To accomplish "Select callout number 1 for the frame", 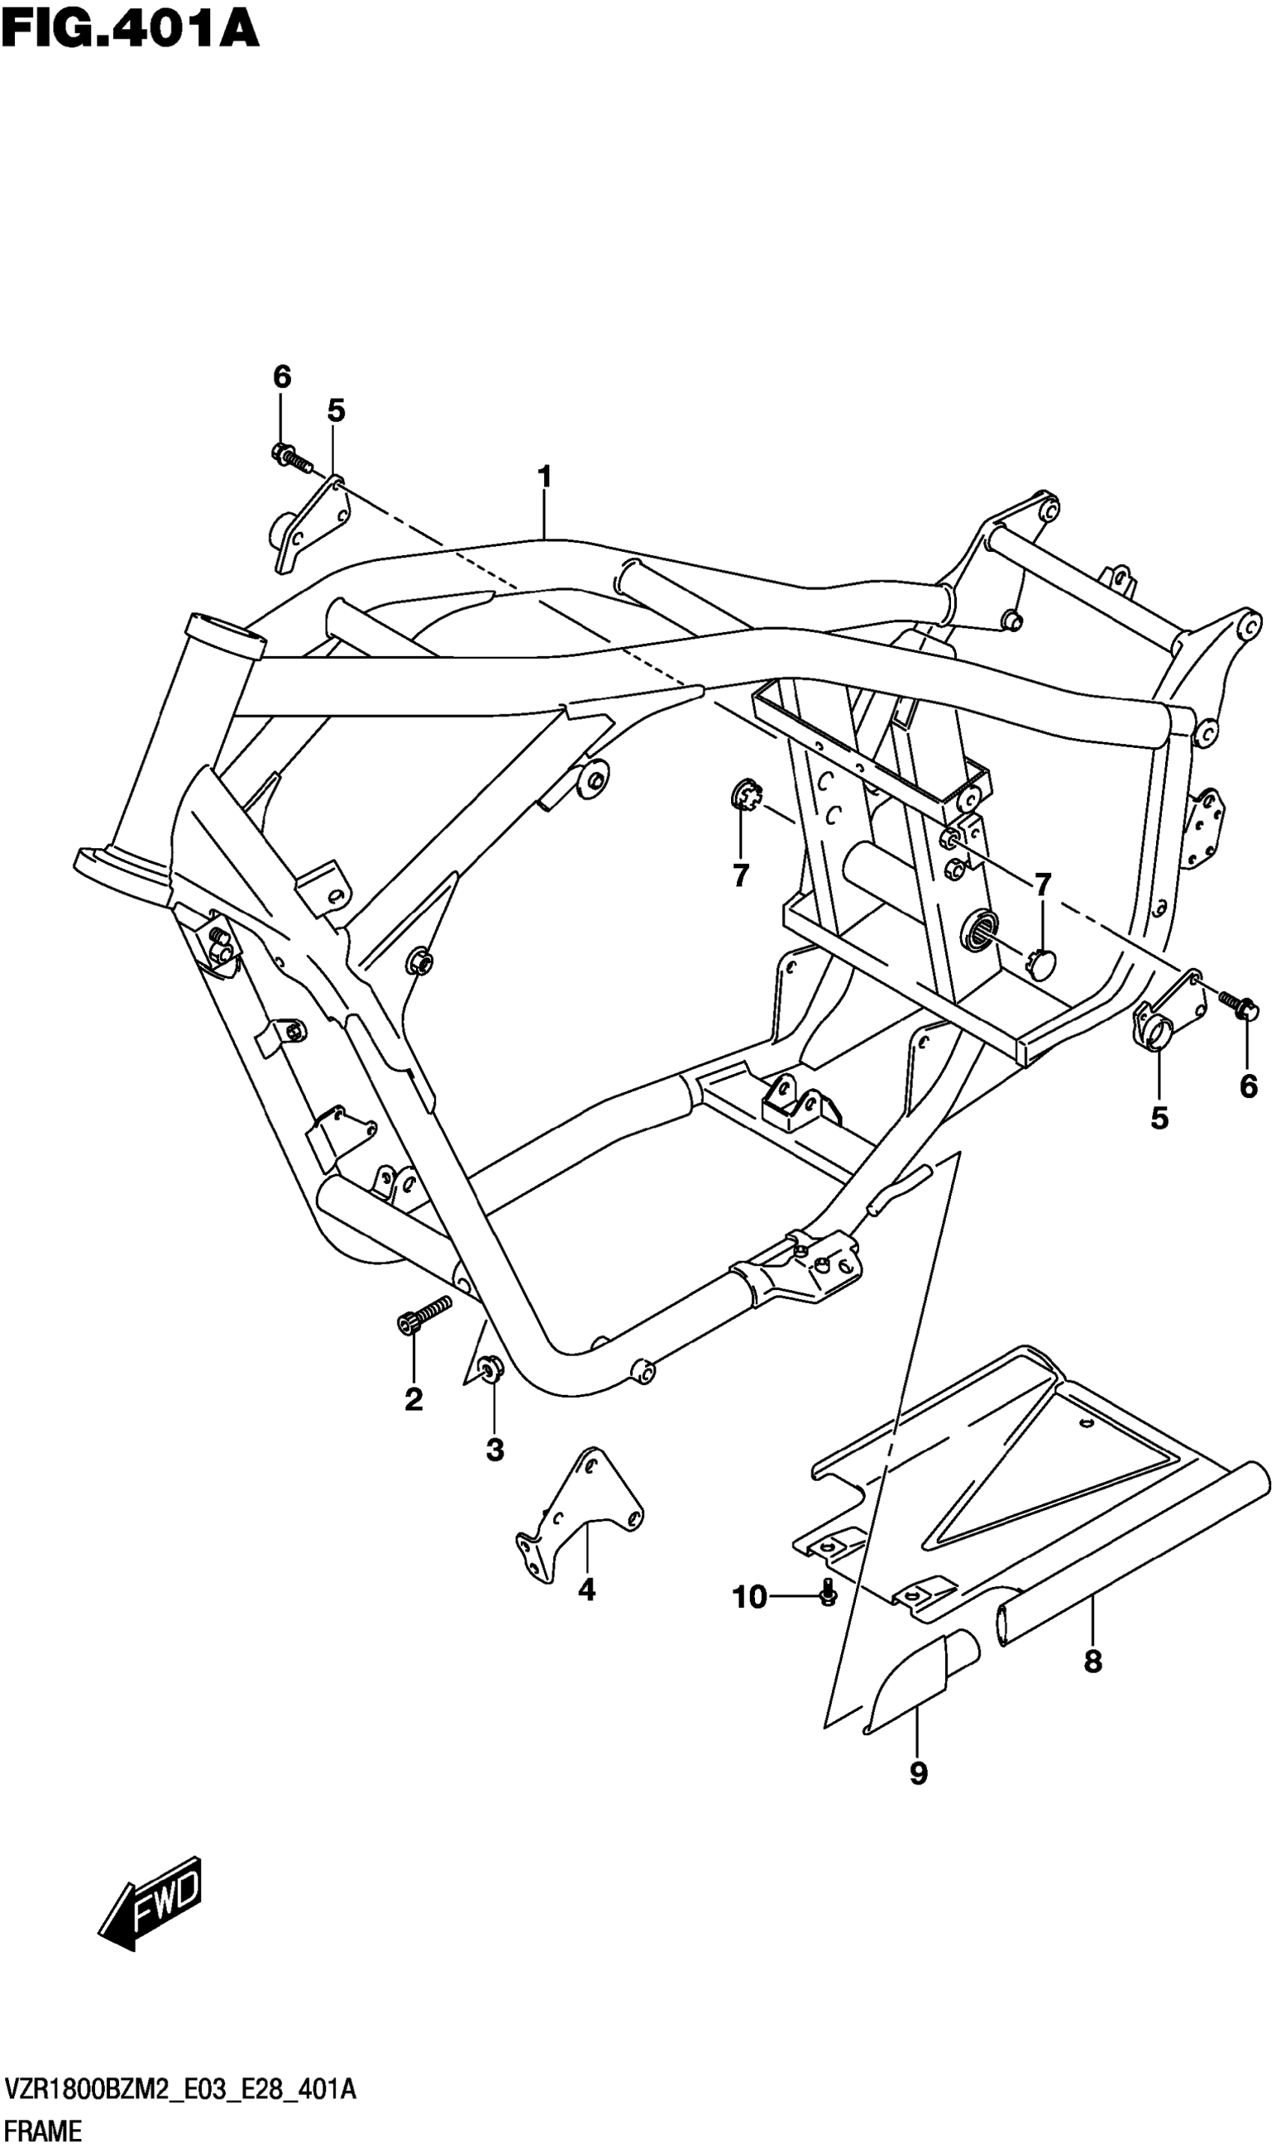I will (543, 476).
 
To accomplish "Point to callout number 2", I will (413, 1400).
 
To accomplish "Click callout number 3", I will (495, 1449).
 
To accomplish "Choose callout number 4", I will (587, 1590).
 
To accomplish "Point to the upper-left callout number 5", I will (336, 411).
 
